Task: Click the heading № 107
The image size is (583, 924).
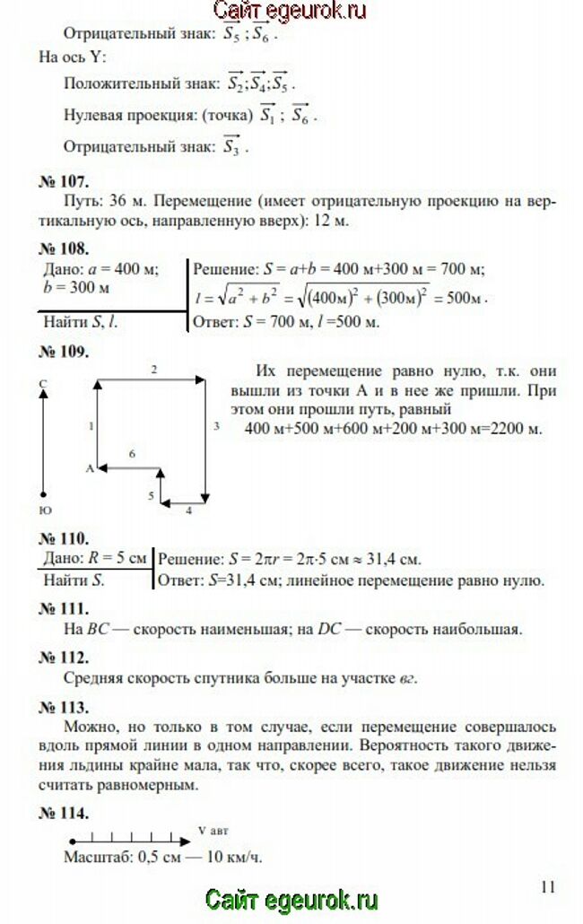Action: tap(63, 180)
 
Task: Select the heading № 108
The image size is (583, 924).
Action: tap(63, 248)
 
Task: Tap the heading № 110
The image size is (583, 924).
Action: tap(63, 538)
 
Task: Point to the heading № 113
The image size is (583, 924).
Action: tap(63, 704)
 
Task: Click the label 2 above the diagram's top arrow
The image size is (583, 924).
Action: tap(154, 369)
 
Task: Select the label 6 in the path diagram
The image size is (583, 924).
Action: tap(132, 455)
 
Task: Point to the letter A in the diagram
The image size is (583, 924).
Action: tap(90, 468)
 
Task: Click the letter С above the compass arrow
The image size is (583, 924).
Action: tap(43, 383)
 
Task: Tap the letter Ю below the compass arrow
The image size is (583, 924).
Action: tap(44, 510)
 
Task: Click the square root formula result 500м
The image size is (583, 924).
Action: tap(466, 297)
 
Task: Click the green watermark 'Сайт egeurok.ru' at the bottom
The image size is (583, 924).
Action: tap(291, 900)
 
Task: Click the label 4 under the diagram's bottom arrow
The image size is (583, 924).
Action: tap(188, 510)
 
